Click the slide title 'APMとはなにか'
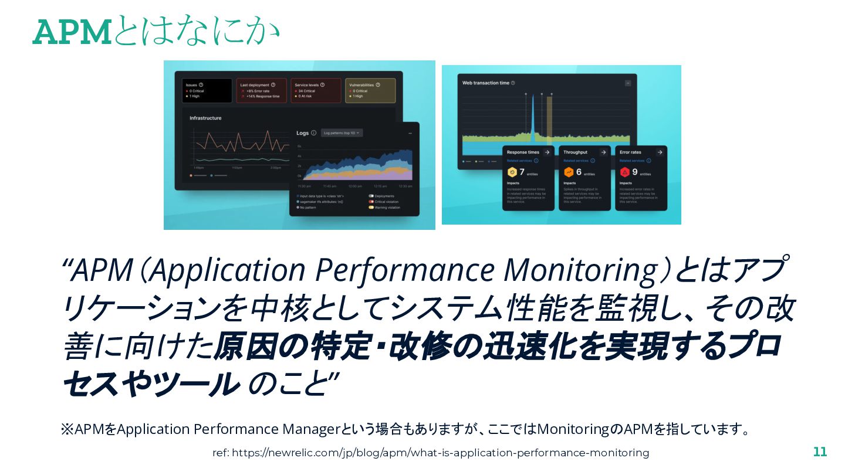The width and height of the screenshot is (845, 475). (156, 32)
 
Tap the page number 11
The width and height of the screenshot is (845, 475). (820, 452)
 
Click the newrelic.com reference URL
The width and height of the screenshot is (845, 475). (431, 453)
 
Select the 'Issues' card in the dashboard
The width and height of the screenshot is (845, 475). (207, 90)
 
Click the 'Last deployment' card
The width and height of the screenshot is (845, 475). (261, 90)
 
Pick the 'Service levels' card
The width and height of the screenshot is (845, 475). (316, 90)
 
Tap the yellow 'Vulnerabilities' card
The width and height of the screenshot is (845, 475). (370, 90)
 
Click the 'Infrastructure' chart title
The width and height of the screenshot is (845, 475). (205, 118)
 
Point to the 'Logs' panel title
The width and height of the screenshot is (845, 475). (302, 133)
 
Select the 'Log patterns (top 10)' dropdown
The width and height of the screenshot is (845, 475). (342, 133)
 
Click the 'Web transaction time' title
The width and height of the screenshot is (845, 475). (485, 83)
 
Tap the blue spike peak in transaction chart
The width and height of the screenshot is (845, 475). (532, 97)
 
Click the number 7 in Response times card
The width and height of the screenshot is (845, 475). (521, 172)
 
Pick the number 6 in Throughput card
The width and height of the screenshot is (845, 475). (578, 172)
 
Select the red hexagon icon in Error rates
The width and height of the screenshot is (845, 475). (625, 172)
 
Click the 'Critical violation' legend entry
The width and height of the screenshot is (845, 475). (386, 202)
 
